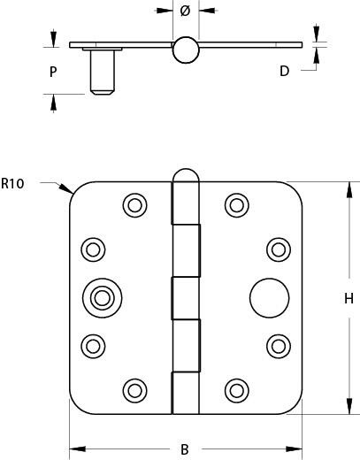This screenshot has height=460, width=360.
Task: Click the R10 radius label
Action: pyautogui.click(x=12, y=183)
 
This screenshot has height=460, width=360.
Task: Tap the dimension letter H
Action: pyautogui.click(x=349, y=299)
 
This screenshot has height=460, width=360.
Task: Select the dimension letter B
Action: pyautogui.click(x=185, y=449)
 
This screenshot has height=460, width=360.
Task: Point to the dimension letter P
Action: pyautogui.click(x=53, y=72)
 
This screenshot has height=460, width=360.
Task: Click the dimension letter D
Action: pyautogui.click(x=284, y=71)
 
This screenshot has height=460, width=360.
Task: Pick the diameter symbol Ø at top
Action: pyautogui.click(x=185, y=11)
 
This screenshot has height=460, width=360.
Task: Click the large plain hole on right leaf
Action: pyautogui.click(x=270, y=298)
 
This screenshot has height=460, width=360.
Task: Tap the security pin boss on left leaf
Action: pyautogui.click(x=102, y=298)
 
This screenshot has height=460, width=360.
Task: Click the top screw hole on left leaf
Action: pyautogui.click(x=135, y=205)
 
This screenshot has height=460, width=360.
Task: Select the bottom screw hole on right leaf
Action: pyautogui.click(x=237, y=391)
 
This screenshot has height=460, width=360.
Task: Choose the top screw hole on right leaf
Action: pyautogui.click(x=237, y=205)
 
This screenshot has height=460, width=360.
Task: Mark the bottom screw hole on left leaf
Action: pyautogui.click(x=135, y=391)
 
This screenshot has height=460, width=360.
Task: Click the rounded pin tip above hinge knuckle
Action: pyautogui.click(x=186, y=175)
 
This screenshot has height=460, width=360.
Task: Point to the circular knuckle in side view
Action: pyautogui.click(x=186, y=50)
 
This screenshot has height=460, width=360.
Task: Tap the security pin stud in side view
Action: pyautogui.click(x=102, y=73)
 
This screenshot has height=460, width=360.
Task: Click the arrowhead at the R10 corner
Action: pyautogui.click(x=66, y=188)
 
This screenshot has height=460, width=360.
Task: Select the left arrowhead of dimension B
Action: pyautogui.click(x=77, y=449)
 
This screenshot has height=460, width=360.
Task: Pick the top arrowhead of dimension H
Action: pyautogui.click(x=349, y=190)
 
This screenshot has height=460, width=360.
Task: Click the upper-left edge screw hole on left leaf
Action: pyautogui.click(x=93, y=249)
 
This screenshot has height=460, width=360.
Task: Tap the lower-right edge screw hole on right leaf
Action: pyautogui.click(x=279, y=346)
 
